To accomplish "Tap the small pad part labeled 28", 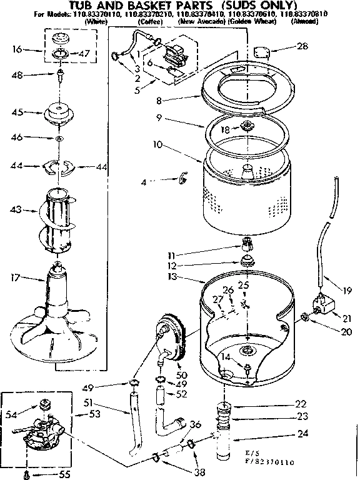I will tap(262, 51).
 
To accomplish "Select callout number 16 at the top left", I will tap(17, 48).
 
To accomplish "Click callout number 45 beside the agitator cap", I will tap(17, 112).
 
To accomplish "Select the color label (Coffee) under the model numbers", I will tap(151, 21).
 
